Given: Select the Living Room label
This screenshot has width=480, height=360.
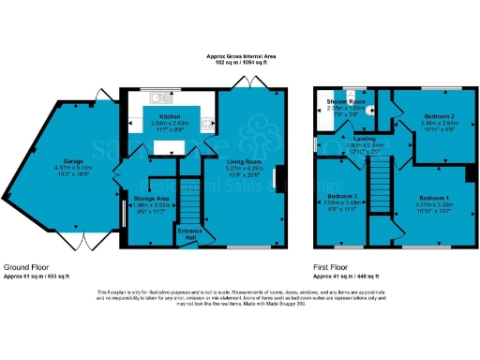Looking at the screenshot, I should tap(242, 160).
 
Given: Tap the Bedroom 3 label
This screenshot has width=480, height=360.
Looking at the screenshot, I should tap(338, 195).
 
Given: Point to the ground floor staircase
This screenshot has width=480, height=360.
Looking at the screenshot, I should tap(191, 201).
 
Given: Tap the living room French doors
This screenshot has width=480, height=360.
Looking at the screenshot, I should tap(256, 87).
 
